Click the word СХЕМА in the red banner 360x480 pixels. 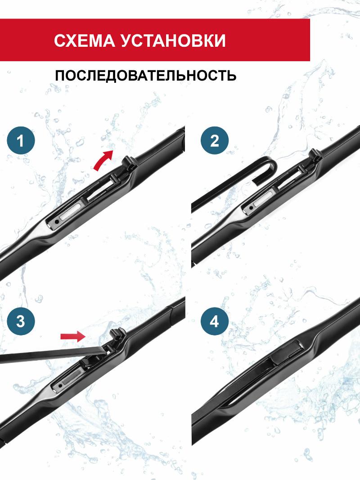click(84, 41)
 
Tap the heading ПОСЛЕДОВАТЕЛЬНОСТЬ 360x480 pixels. click(146, 75)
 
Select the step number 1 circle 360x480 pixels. click(21, 140)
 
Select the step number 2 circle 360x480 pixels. click(214, 140)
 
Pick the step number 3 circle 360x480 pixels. click(21, 321)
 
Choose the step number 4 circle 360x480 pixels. click(214, 321)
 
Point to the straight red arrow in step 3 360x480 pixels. click(72, 336)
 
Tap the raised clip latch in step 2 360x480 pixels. click(315, 157)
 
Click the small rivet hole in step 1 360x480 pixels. click(57, 222)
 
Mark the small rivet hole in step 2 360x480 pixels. click(251, 208)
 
